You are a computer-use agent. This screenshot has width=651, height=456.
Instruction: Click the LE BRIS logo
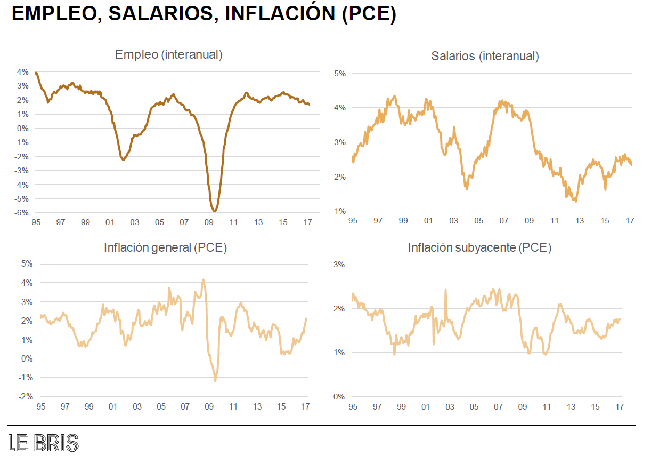pos(44,443)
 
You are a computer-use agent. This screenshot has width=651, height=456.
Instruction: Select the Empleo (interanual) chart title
pos(168,54)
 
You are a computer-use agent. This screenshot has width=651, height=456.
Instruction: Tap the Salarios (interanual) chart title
pos(485,56)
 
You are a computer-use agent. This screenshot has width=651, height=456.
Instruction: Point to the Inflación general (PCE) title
pos(166,248)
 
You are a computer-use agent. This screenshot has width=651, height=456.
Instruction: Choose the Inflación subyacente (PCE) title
pos(479,248)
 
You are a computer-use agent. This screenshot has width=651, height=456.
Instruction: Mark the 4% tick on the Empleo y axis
pos(22,71)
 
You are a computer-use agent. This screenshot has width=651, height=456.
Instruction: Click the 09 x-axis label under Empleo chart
pos(208,222)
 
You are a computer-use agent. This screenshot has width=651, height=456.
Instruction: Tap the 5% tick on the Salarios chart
pos(339,74)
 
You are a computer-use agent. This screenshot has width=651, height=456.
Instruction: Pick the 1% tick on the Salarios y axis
pos(339,211)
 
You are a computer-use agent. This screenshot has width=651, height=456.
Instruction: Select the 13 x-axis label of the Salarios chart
pos(579,221)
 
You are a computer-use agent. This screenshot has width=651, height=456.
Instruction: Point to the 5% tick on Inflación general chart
pos(27,263)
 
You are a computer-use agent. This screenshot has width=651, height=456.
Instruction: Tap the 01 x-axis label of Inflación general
pos(113,407)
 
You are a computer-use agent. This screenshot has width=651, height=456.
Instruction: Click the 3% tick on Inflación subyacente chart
pos(339,265)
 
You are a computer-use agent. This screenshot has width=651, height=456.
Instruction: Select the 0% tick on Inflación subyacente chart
pos(339,396)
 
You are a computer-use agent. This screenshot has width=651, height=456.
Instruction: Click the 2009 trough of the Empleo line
pos(214,211)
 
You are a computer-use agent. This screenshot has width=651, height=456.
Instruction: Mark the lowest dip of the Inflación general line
pos(215,380)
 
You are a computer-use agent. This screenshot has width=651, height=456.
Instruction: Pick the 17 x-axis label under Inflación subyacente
pos(620,407)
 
